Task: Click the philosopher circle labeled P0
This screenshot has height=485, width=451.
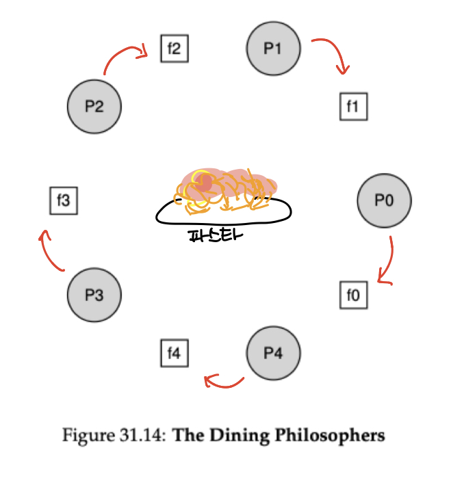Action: [384, 200]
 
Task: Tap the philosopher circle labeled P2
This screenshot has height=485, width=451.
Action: [94, 107]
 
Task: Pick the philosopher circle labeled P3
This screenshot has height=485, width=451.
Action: [94, 296]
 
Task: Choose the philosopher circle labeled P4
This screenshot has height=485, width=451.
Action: [273, 353]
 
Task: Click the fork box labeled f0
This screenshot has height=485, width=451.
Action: [353, 296]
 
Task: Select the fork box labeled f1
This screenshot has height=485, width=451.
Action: [353, 107]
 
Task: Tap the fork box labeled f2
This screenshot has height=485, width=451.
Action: [173, 49]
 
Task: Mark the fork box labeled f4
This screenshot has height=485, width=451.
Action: [173, 353]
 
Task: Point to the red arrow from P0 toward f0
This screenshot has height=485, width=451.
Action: [387, 263]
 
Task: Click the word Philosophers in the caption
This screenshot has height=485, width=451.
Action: [342, 436]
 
